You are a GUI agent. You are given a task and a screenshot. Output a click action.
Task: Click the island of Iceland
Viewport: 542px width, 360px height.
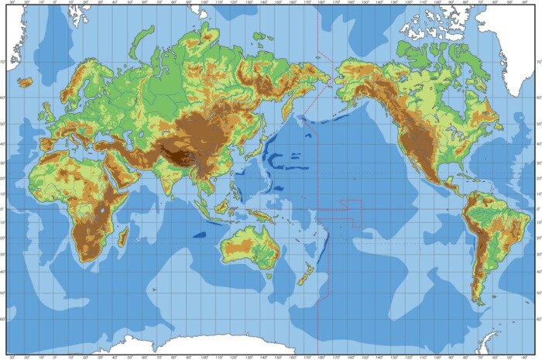click(x=25, y=81)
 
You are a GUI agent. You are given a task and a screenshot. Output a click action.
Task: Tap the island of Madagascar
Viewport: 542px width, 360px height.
click(x=122, y=236)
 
